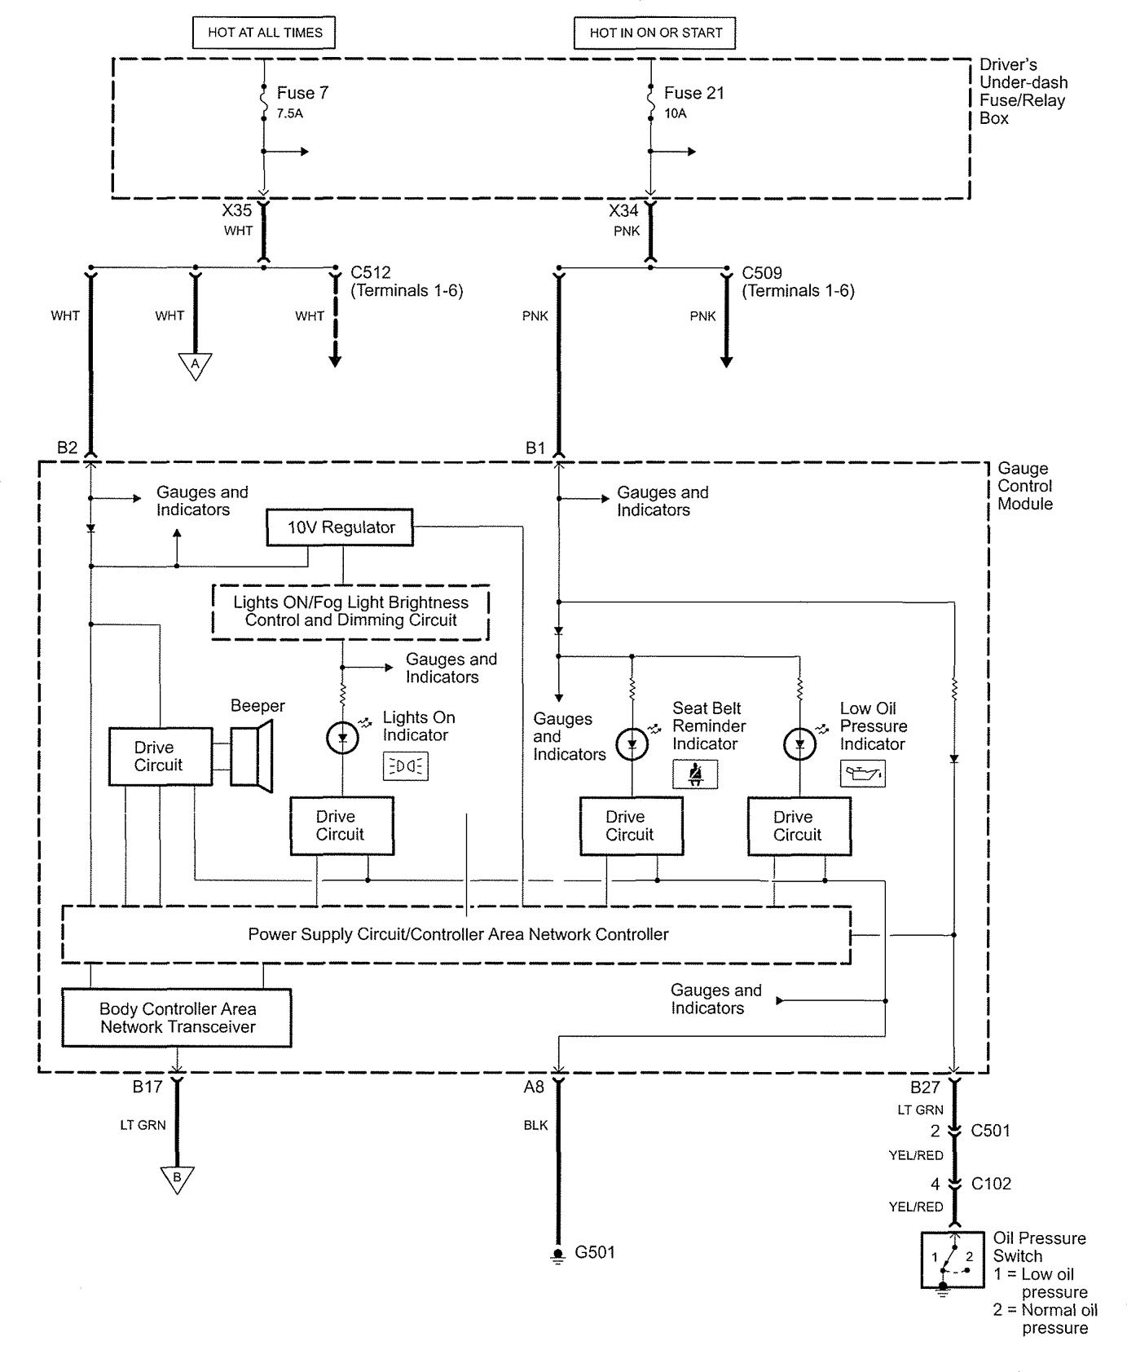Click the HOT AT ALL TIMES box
(265, 33)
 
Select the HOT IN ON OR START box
(655, 33)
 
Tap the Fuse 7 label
(302, 93)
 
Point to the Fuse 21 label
(693, 93)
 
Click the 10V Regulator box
(340, 527)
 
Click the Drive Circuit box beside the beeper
(161, 757)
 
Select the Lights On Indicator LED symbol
(342, 739)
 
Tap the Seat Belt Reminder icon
(695, 774)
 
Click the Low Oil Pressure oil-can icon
(862, 774)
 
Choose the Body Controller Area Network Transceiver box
(177, 1018)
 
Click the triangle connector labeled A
(195, 366)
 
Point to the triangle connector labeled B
(177, 1179)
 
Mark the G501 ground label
(595, 1252)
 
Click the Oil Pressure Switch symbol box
(952, 1260)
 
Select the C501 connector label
(991, 1131)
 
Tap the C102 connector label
(991, 1184)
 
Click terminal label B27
(925, 1087)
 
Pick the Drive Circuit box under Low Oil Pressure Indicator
(799, 826)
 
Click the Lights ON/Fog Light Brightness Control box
(350, 611)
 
